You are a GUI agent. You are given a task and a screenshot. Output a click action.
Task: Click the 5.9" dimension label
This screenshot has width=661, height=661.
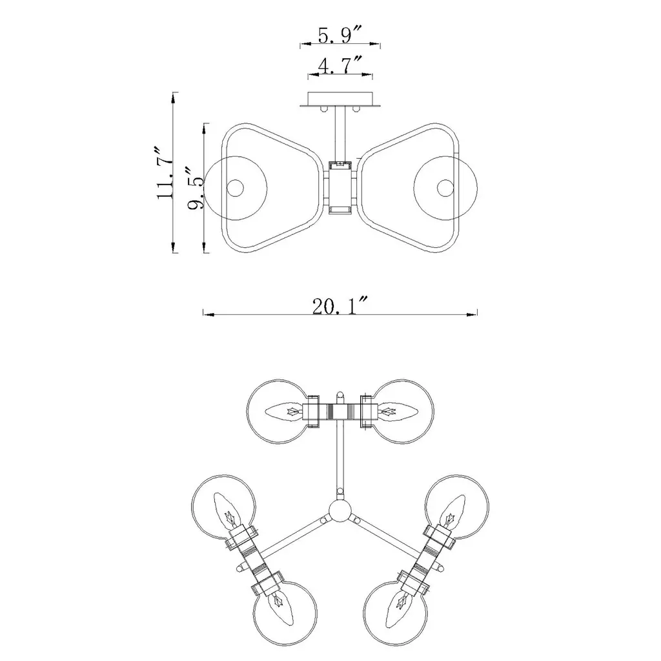click(x=340, y=35)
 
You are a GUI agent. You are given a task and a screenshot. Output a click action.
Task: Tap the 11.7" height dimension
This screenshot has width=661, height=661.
click(x=165, y=173)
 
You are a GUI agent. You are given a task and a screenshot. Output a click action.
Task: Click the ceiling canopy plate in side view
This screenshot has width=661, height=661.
click(x=340, y=99)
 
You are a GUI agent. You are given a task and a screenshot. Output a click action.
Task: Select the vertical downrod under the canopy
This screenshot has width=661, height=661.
click(x=340, y=134)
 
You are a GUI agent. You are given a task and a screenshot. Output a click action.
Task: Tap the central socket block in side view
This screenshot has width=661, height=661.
click(x=340, y=188)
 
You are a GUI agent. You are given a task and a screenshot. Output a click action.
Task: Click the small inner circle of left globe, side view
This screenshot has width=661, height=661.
click(x=235, y=188)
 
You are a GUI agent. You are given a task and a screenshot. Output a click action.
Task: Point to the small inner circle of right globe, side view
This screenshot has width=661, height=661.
click(x=445, y=188)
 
